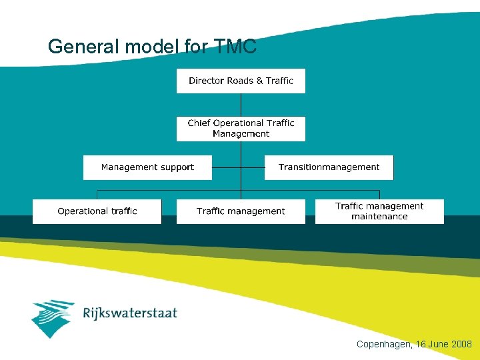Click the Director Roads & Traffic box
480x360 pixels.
pos(241,81)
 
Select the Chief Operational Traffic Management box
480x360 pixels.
pos(241,128)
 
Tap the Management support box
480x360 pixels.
pos(147,167)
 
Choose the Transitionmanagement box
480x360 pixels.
pos(329,167)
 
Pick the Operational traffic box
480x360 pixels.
pos(97,211)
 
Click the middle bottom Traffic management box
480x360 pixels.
pos(241,211)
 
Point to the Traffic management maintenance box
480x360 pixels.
pos(379,211)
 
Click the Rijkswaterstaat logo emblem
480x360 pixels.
pos(53,317)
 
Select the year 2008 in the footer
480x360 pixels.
pos(461,345)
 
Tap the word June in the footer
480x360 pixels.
pos(437,345)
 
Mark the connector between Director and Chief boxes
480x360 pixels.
pos(241,105)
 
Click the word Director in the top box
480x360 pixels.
pos(207,81)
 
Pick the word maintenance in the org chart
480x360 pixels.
pos(379,217)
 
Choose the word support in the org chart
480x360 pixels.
pos(177,167)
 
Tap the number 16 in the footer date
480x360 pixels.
pos(420,345)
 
